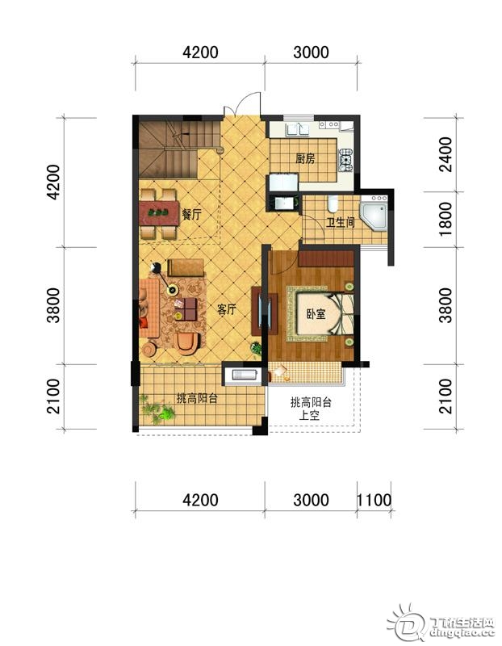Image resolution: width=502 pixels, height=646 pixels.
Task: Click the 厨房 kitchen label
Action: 305,158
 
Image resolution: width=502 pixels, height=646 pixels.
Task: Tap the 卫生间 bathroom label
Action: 340,223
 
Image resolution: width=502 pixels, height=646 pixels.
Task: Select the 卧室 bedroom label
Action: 316,314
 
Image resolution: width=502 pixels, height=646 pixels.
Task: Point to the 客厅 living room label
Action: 227,309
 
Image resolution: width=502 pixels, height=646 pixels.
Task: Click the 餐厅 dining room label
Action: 191,214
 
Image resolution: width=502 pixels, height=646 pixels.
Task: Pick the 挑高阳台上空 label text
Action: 311,409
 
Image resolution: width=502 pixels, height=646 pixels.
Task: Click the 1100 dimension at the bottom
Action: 374,500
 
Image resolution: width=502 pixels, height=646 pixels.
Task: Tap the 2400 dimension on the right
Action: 446,154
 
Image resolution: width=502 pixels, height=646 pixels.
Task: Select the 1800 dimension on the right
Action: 446,218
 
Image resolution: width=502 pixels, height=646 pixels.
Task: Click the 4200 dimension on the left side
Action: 53,182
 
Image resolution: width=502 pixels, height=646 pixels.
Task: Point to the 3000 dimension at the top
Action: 311,52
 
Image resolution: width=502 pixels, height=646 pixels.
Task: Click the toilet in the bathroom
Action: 333,203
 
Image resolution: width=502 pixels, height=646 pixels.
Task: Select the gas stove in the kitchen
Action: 345,160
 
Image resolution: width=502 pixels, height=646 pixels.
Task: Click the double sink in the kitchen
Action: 299,130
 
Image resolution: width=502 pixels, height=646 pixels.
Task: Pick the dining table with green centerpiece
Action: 159,213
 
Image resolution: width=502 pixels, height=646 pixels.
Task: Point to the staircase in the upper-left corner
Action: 179,150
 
